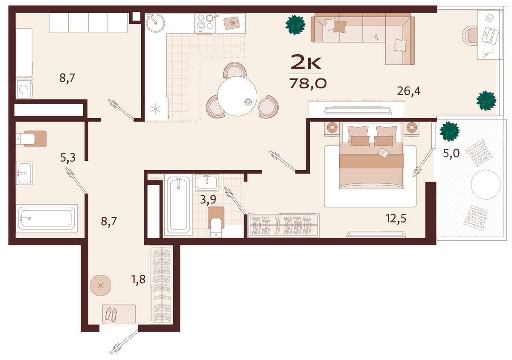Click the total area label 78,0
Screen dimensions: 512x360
308,83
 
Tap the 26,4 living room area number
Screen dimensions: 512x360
409,91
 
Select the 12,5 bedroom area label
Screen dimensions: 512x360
396,218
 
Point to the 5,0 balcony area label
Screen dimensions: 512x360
451,153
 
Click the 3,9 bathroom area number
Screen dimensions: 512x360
208,199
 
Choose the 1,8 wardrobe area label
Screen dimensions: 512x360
139,279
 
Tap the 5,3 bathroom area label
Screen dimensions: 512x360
68,158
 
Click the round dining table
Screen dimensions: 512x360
237,96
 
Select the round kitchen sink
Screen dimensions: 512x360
155,23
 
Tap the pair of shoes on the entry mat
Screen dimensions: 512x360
111,314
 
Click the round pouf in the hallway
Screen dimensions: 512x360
101,285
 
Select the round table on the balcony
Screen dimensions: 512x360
486,185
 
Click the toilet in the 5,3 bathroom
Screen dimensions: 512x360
31,139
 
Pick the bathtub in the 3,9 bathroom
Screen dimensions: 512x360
178,205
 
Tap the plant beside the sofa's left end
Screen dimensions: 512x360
295,25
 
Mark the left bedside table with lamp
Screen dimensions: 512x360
332,128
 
